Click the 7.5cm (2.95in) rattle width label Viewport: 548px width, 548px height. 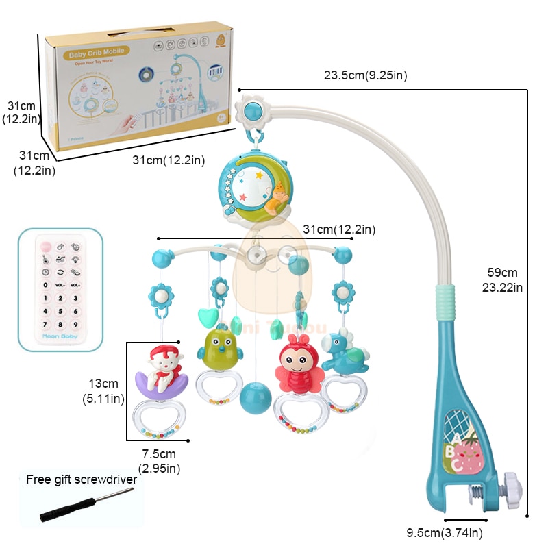point(159,461)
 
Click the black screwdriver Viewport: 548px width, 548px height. point(66,503)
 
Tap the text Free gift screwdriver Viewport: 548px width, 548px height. point(82,480)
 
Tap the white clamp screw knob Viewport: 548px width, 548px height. point(512,490)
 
